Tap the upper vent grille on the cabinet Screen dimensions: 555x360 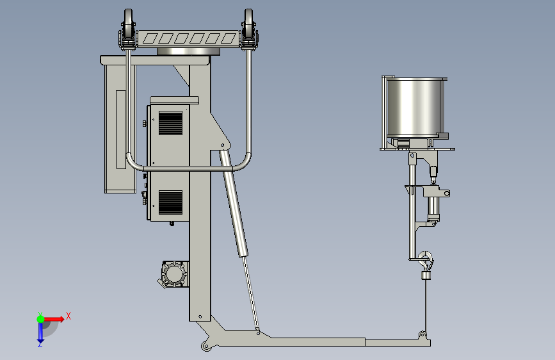coord(171,123)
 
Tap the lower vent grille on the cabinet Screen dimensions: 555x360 coord(171,202)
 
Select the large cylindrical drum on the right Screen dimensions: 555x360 coord(414,108)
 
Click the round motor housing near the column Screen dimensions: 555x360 coord(174,274)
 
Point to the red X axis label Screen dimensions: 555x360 coord(68,316)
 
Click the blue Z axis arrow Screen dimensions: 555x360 coord(40,332)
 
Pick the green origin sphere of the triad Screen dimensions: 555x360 coord(41,319)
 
